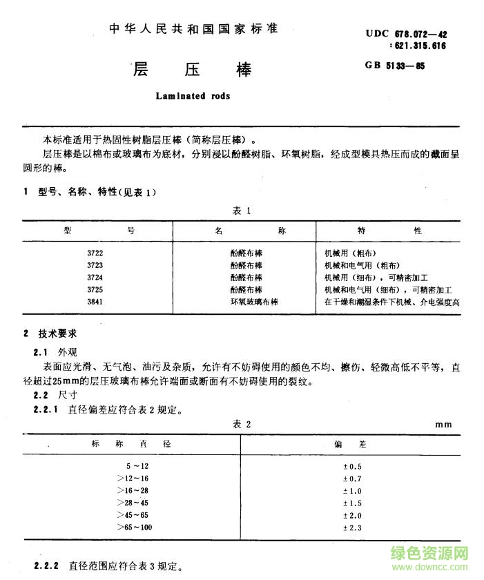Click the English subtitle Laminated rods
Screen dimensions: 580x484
coord(188,97)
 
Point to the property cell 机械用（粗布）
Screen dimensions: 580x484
coord(349,253)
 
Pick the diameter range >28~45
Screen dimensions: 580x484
coord(133,503)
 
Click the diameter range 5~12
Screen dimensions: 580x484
coord(137,467)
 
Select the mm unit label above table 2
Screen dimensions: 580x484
coord(443,425)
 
